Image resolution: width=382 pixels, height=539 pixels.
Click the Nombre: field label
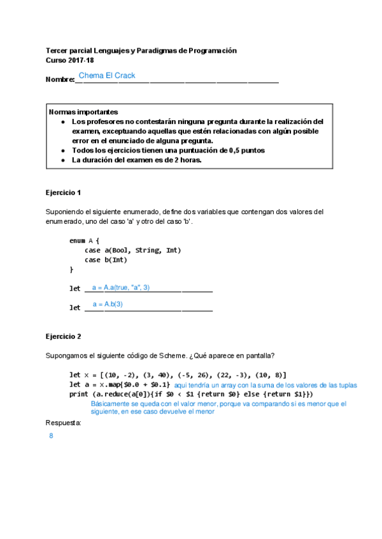60,80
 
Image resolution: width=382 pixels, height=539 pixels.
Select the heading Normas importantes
83,111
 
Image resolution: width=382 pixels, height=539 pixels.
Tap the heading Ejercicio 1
64,193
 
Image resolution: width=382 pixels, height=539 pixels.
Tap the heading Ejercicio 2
64,336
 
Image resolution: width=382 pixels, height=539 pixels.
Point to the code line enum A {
84,240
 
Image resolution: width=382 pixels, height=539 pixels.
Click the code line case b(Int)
106,259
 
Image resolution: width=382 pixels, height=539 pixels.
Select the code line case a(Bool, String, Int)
132,250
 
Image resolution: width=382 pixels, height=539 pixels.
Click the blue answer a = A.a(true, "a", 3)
121,287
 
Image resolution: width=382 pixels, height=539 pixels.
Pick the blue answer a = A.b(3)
108,304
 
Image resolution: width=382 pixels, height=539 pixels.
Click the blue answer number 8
51,437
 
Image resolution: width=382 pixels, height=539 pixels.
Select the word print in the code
79,394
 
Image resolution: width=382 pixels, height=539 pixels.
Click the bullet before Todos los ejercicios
62,151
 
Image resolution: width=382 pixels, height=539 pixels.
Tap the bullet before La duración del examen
62,160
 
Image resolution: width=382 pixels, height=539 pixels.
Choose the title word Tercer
58,50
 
